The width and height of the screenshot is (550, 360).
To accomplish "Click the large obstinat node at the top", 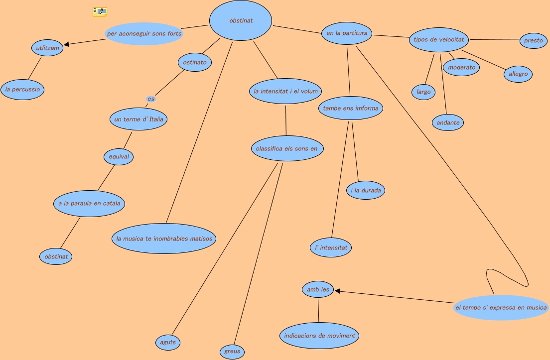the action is (x=241, y=21).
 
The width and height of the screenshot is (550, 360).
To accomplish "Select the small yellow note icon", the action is (x=100, y=11).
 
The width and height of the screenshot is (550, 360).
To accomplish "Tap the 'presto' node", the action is (x=534, y=40).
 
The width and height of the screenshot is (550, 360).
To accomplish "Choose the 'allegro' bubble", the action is (x=518, y=74).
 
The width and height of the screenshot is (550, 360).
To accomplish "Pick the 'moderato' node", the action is (x=461, y=67).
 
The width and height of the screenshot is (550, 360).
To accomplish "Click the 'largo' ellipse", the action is (x=423, y=92).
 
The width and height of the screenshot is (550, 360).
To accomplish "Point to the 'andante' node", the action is (x=448, y=122).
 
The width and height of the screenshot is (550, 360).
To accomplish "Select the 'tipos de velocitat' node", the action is (x=439, y=39).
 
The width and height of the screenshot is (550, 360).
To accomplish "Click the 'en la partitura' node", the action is (x=347, y=33).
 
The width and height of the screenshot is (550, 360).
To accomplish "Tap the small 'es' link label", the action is (x=151, y=99).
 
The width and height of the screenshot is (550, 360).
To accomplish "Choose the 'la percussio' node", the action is (x=22, y=90).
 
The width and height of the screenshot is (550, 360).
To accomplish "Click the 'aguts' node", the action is (x=167, y=343).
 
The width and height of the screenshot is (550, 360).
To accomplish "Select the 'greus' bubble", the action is (x=232, y=351).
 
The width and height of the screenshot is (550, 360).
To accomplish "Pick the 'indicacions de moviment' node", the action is (x=319, y=336).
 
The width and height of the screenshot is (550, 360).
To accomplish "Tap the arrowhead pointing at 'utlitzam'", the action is (x=67, y=45).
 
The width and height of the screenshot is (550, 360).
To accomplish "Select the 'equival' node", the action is (x=119, y=156).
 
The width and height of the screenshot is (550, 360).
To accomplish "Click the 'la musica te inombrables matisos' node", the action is (x=164, y=239).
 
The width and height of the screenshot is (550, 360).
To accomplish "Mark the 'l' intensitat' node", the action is (x=331, y=247).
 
